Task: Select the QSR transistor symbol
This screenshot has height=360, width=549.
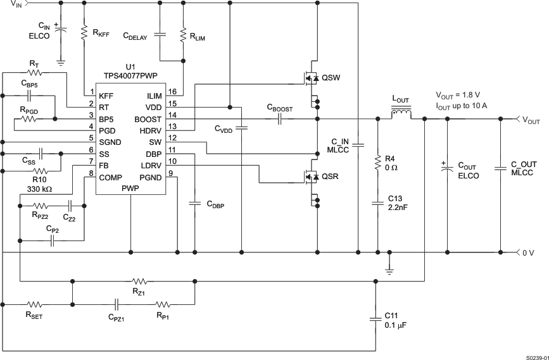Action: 312,178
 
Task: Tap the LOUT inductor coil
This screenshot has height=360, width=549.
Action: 401,114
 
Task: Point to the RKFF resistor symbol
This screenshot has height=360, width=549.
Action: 84,32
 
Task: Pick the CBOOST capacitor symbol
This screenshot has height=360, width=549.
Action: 279,119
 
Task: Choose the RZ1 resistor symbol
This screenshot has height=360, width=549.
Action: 139,280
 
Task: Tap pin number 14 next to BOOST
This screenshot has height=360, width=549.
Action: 172,116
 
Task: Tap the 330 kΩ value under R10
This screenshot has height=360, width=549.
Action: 41,188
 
